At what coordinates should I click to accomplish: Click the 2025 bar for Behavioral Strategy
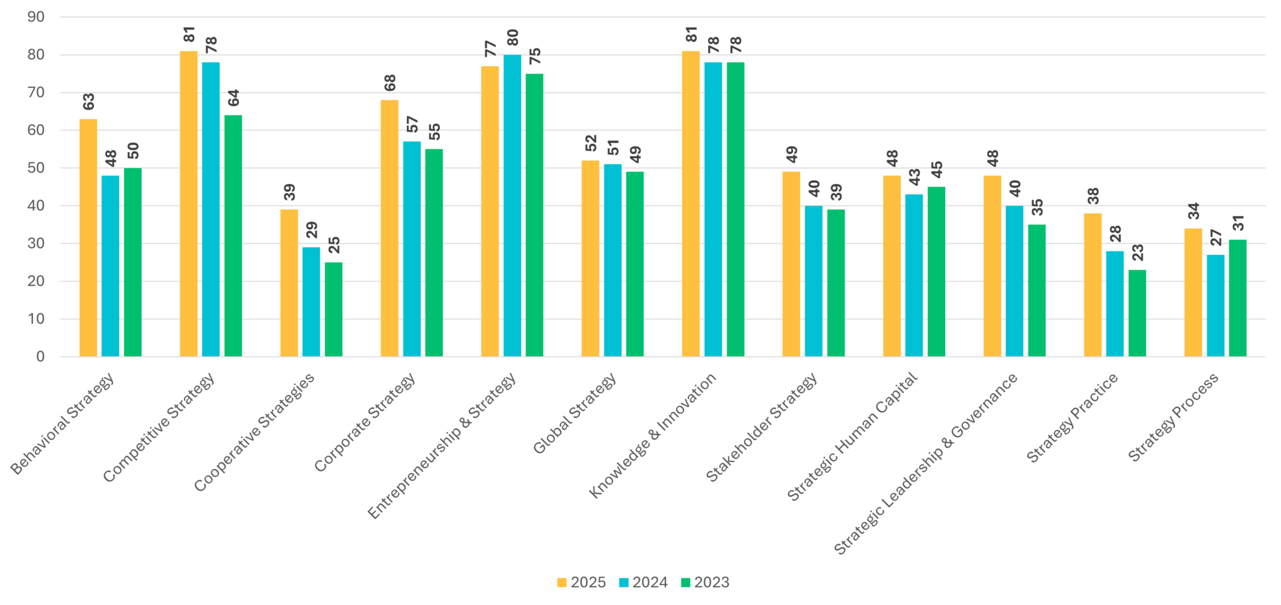tap(88, 237)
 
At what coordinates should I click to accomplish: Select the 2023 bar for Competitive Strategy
tap(233, 236)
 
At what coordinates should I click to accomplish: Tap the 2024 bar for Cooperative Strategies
tap(311, 301)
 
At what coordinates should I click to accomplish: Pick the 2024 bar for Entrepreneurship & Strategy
tap(512, 205)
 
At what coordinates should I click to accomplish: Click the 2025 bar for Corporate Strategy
tap(390, 228)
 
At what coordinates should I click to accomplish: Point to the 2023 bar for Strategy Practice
tap(1137, 313)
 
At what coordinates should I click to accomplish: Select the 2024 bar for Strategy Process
tap(1216, 306)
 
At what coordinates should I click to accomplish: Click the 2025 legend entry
tap(582, 582)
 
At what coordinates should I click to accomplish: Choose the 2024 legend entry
tap(644, 582)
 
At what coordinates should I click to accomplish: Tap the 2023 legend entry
tap(706, 582)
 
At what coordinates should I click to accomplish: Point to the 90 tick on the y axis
tap(36, 17)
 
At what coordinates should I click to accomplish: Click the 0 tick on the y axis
tap(41, 356)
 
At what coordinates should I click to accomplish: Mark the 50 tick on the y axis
tap(36, 168)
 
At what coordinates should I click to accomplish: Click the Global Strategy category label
tap(575, 414)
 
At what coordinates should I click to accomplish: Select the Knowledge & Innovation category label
tap(653, 435)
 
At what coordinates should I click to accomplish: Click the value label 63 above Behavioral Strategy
tap(89, 101)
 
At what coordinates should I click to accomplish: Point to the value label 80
tap(512, 37)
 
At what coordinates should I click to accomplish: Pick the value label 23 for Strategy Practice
tap(1138, 252)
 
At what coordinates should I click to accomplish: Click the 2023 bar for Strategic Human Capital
tap(936, 272)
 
